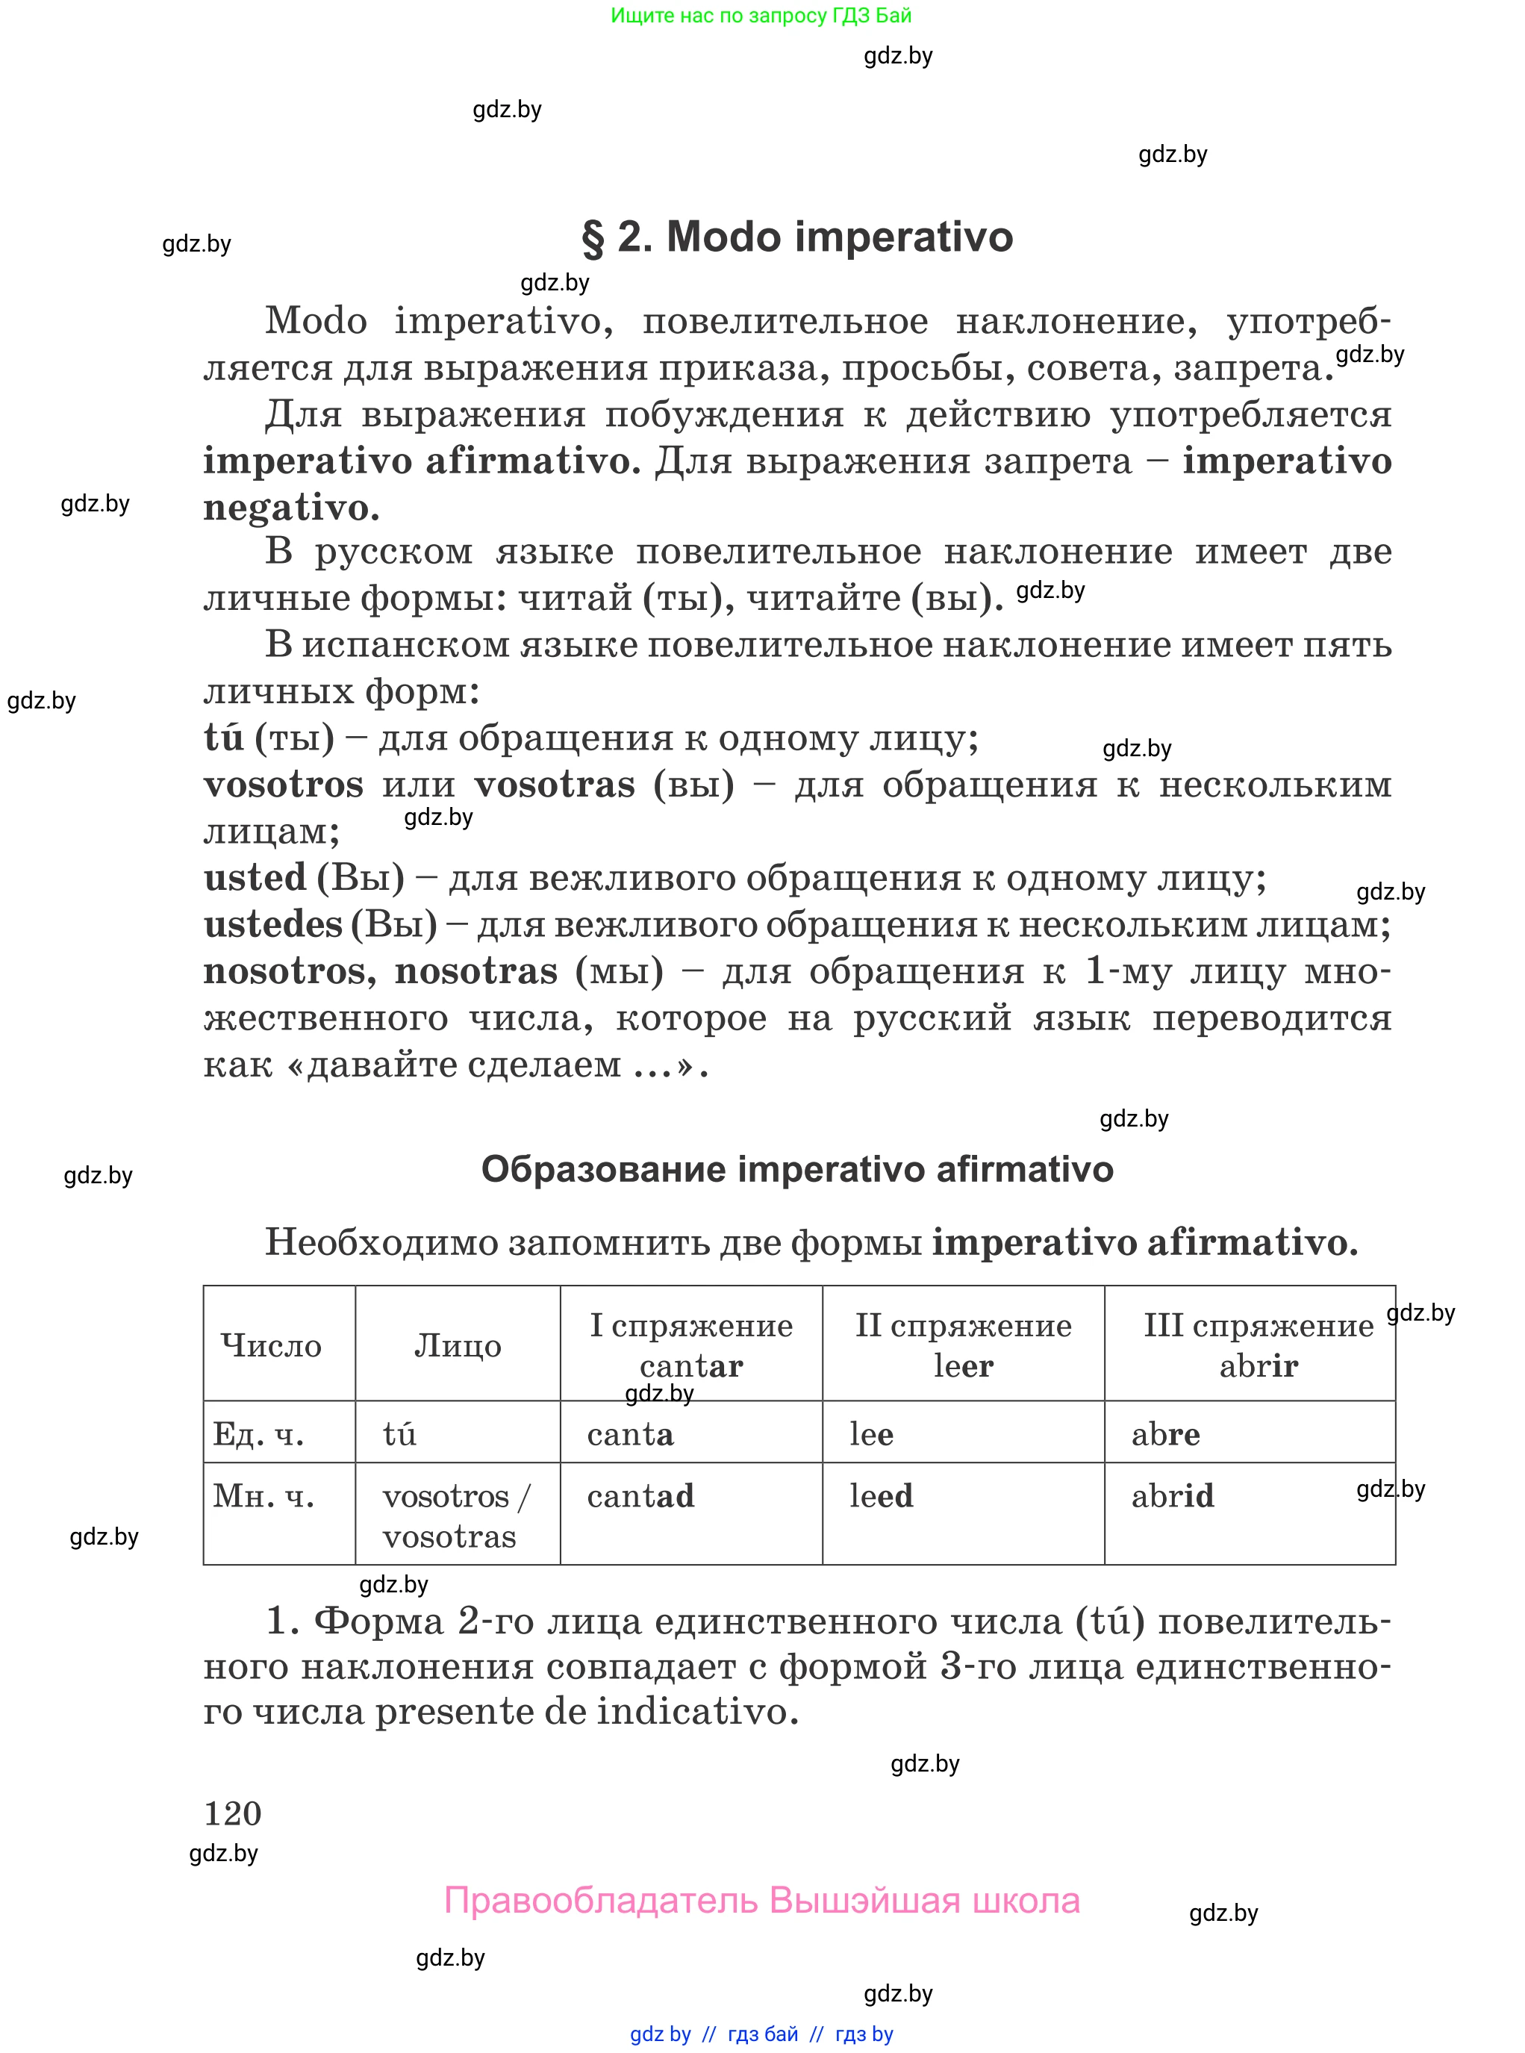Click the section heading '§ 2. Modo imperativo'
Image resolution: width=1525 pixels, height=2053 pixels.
(796, 237)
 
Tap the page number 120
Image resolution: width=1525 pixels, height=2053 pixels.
(233, 1813)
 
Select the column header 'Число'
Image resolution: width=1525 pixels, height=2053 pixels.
(272, 1345)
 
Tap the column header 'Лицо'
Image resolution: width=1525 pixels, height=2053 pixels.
(457, 1345)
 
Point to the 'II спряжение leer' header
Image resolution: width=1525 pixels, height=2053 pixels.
(963, 1345)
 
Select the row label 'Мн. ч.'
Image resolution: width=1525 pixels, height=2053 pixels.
(264, 1496)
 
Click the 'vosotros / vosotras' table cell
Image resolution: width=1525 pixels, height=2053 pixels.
(456, 1515)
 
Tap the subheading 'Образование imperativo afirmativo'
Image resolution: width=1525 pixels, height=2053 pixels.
(797, 1170)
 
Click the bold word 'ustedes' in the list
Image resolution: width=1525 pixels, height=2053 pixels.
(273, 924)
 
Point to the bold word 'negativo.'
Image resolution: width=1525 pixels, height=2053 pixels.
(291, 507)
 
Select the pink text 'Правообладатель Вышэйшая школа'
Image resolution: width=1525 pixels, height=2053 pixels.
(761, 1901)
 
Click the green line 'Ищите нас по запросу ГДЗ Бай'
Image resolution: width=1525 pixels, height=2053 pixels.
(761, 16)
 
